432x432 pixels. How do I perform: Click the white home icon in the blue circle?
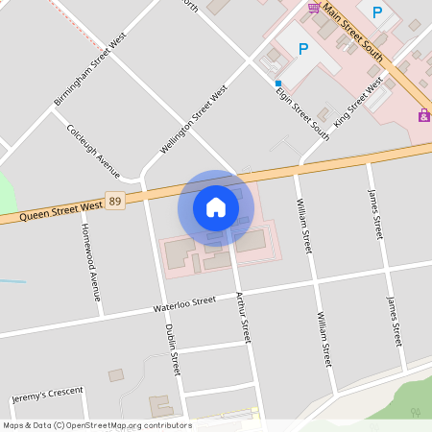click(x=216, y=206)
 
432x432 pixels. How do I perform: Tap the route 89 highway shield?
click(x=115, y=201)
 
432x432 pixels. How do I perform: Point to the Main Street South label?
click(x=353, y=31)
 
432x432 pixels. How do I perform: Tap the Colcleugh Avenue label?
click(x=93, y=151)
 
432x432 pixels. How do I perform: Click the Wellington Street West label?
click(x=193, y=120)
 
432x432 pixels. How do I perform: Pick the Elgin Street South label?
click(x=302, y=112)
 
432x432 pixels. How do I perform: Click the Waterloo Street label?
click(x=185, y=304)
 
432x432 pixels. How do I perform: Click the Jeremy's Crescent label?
click(x=48, y=395)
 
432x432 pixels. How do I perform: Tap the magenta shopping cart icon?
click(x=314, y=8)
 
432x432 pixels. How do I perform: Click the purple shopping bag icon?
click(x=423, y=115)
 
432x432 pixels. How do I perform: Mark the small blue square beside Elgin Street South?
click(x=278, y=83)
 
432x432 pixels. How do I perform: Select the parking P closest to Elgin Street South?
click(x=303, y=49)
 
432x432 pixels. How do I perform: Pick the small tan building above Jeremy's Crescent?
click(x=116, y=374)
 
